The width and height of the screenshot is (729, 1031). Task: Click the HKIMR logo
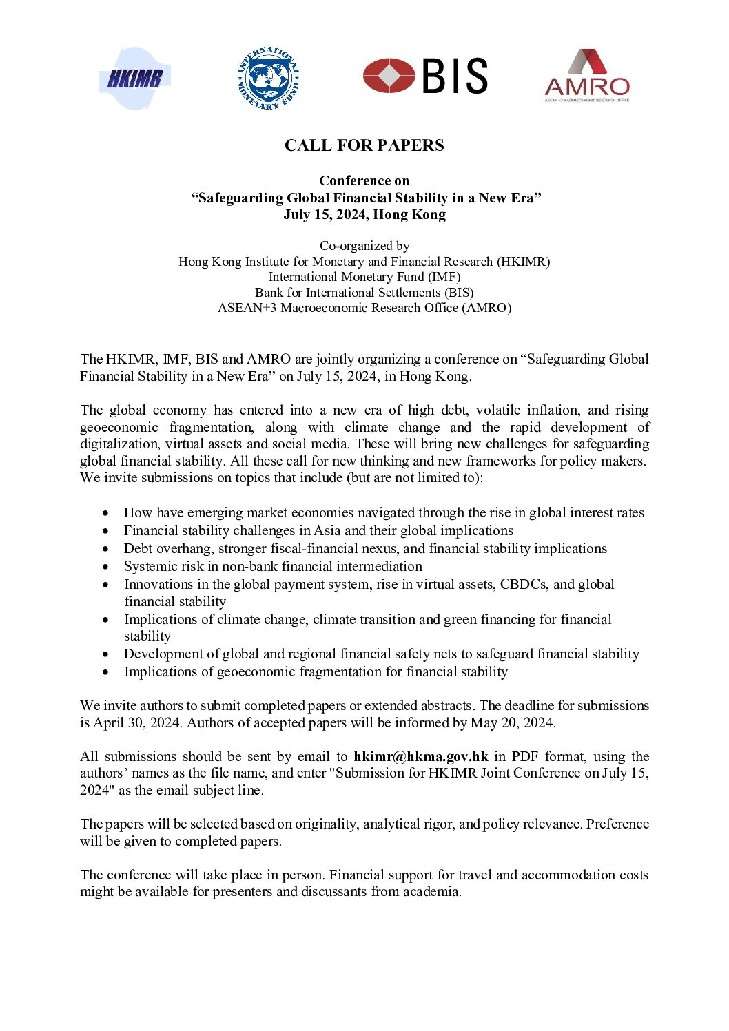tap(134, 78)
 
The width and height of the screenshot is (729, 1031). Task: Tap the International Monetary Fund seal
tap(267, 78)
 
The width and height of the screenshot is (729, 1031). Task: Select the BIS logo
tap(425, 76)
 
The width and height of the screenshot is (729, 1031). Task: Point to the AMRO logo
tap(586, 76)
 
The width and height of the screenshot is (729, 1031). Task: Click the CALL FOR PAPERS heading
tap(364, 145)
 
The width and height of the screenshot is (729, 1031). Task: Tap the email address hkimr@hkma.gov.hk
tap(421, 756)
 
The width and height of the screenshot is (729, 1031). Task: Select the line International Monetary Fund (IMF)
tap(364, 277)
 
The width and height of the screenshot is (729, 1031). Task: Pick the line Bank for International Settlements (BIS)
tap(364, 292)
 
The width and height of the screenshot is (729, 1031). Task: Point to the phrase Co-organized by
tap(364, 246)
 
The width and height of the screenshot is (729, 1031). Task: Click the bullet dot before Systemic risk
tap(105, 567)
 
